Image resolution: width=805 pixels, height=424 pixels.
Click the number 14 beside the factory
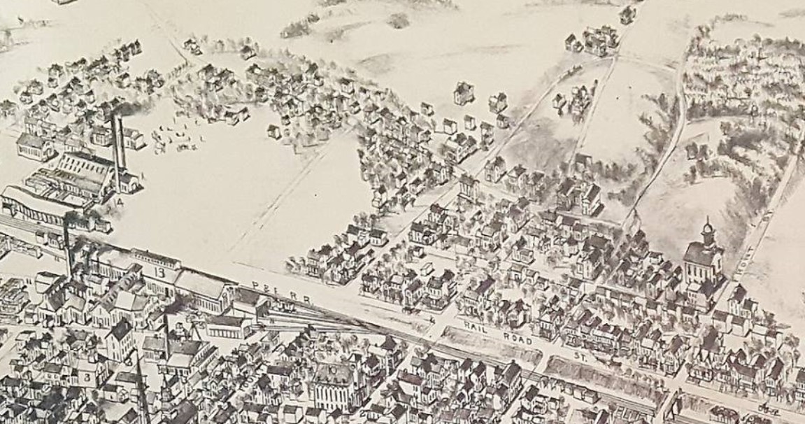click(x=120, y=202)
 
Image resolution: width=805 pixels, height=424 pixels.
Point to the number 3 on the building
click(x=87, y=377)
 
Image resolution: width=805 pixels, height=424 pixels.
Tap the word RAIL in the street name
click(x=478, y=327)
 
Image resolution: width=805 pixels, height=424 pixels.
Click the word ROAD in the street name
click(x=517, y=339)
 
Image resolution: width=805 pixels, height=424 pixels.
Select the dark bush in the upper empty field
click(x=399, y=21)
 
